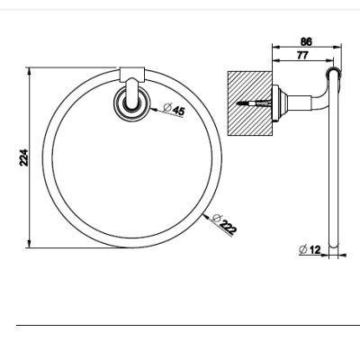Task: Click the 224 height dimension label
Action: coord(23,157)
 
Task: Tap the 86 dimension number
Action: coord(306,41)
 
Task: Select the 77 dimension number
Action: coord(302,56)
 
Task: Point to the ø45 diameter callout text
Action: coord(174,109)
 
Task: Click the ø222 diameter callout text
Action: coord(224,224)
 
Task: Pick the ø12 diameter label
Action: coord(310,249)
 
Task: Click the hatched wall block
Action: coord(250,103)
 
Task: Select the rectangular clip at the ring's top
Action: coord(132,75)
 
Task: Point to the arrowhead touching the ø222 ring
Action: coord(206,217)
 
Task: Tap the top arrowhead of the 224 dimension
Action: coord(29,72)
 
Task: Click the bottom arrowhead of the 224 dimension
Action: coord(29,244)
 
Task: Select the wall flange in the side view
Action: coord(278,103)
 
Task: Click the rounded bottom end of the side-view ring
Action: coord(334,244)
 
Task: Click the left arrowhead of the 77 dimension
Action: coord(276,60)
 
